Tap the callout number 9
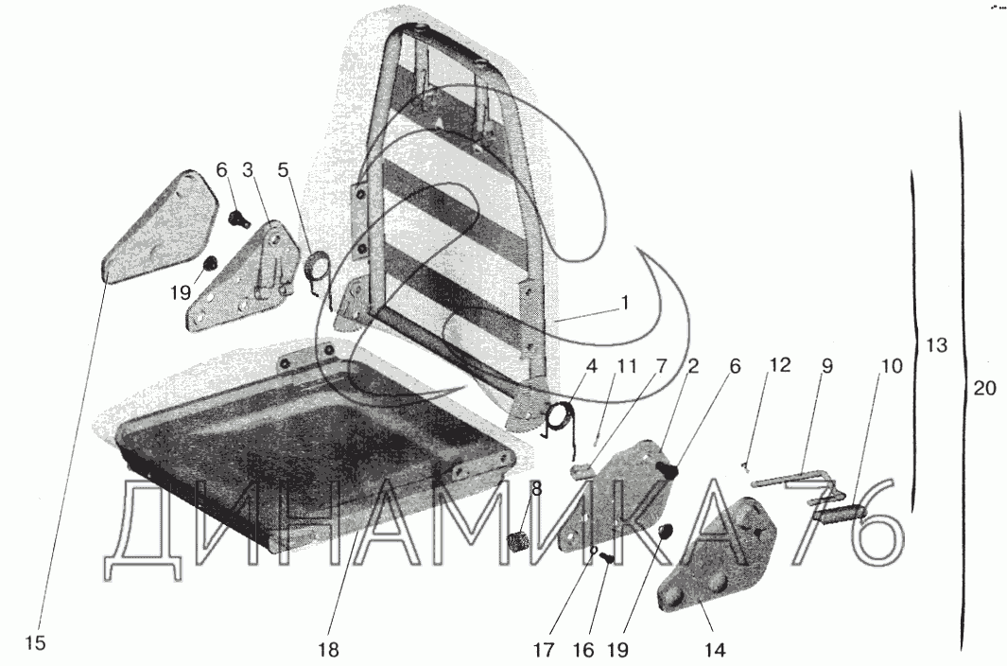(x=826, y=366)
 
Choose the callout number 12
(x=777, y=366)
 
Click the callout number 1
(x=624, y=305)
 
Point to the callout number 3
(x=248, y=170)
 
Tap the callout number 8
(x=536, y=489)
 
